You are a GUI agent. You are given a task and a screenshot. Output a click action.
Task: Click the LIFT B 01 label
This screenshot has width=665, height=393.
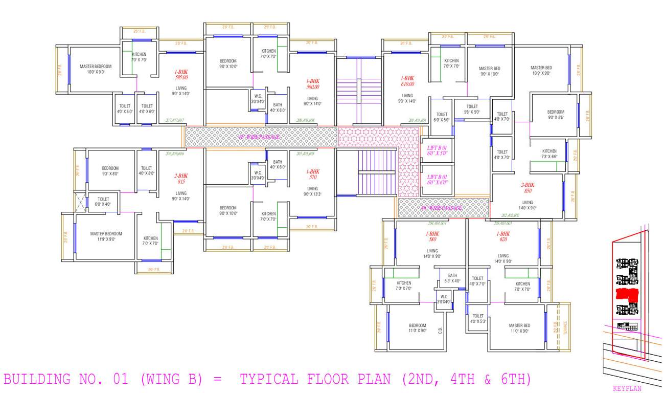click(437, 150)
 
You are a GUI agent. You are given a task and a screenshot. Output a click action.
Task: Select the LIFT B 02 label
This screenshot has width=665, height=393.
click(437, 180)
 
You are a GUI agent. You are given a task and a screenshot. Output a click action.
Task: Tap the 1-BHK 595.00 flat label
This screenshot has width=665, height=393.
click(181, 75)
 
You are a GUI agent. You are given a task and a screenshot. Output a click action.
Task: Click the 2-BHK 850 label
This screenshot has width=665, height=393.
click(528, 188)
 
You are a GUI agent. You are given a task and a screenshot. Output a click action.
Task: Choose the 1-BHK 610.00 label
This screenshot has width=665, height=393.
click(407, 81)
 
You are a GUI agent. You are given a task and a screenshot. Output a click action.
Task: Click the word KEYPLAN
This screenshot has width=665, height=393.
click(627, 388)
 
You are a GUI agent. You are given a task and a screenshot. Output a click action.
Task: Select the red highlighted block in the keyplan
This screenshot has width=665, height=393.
click(627, 294)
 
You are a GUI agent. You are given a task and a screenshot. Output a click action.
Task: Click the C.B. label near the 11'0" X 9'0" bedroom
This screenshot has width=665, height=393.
click(440, 331)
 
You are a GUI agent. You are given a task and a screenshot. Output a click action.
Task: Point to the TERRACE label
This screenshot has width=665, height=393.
click(565, 327)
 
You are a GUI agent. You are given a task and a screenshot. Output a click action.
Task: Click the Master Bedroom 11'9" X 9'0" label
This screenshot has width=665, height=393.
click(106, 236)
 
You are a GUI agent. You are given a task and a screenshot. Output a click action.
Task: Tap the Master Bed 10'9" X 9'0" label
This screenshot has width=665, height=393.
click(541, 70)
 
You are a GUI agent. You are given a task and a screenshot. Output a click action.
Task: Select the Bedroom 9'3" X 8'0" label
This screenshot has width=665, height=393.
click(110, 171)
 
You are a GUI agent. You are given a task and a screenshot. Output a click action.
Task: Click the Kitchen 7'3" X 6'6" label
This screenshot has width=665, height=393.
click(549, 154)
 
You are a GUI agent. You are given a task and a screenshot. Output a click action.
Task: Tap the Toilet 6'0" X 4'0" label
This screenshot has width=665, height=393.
click(103, 202)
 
